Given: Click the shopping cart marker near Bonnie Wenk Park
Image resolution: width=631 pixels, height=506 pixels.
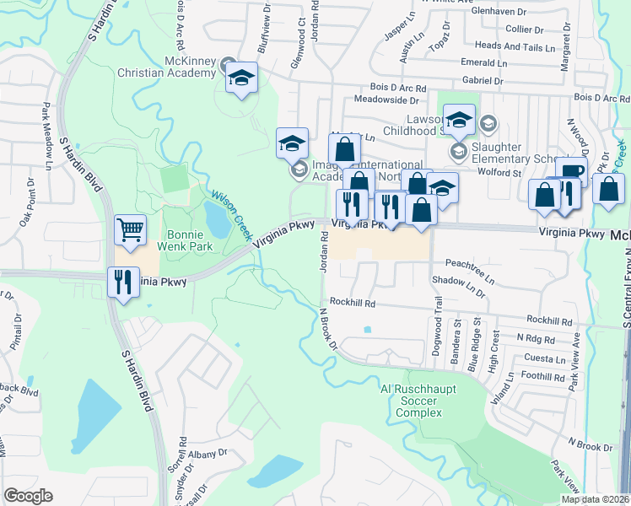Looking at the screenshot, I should click(x=130, y=229).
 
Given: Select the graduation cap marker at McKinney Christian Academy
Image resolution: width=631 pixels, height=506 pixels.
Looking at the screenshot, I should click(x=242, y=78).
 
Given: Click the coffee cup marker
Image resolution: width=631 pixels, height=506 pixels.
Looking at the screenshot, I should click(x=571, y=171).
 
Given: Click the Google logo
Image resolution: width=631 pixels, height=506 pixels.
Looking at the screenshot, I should click(x=28, y=496).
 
